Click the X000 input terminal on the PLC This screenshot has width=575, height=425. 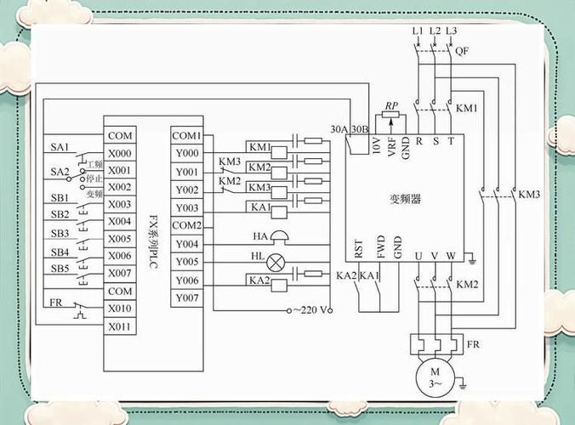pyautogui.click(x=120, y=153)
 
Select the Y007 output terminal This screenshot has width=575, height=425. pyautogui.click(x=187, y=297)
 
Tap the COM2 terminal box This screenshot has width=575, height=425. pyautogui.click(x=187, y=225)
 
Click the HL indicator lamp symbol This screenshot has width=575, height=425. pyautogui.click(x=276, y=263)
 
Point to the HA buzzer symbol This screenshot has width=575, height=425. pyautogui.click(x=280, y=236)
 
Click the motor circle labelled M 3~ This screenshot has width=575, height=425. pyautogui.click(x=435, y=377)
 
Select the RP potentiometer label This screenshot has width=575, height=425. pyautogui.click(x=391, y=105)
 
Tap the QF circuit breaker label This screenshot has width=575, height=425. pyautogui.click(x=462, y=50)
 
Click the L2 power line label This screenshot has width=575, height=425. pyautogui.click(x=435, y=31)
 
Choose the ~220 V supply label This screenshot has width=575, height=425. pyautogui.click(x=310, y=310)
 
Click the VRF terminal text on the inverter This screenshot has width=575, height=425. pyautogui.click(x=391, y=147)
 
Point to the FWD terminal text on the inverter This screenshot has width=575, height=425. pyautogui.click(x=381, y=246)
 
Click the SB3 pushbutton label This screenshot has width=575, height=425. pyautogui.click(x=60, y=234)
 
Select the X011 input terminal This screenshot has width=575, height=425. pyautogui.click(x=120, y=326)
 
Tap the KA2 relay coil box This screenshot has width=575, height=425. pyautogui.click(x=279, y=286)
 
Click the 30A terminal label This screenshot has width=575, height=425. pyautogui.click(x=339, y=129)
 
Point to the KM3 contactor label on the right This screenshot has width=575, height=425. pyautogui.click(x=529, y=194)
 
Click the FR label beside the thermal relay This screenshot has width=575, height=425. pyautogui.click(x=473, y=344)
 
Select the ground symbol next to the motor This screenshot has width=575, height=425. pyautogui.click(x=463, y=385)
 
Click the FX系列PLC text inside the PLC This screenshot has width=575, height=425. pyautogui.click(x=153, y=242)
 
